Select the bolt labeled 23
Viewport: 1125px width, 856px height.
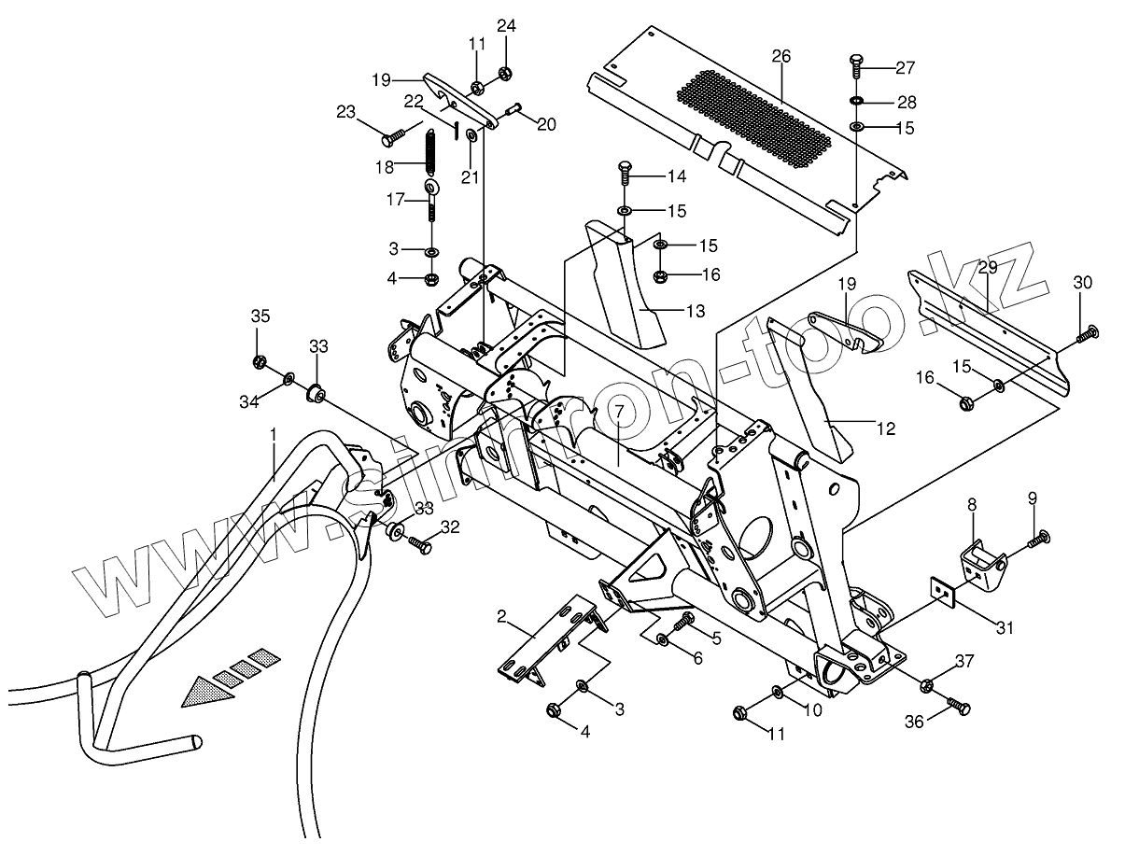pos(391,138)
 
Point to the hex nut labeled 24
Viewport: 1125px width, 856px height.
pos(504,74)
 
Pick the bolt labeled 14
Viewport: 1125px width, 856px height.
pos(625,175)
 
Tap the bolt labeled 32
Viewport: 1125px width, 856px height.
pos(419,544)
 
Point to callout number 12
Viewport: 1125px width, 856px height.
pos(885,428)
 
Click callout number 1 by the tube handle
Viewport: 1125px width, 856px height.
pos(274,435)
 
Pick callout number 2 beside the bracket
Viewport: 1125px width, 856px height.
pos(501,616)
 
